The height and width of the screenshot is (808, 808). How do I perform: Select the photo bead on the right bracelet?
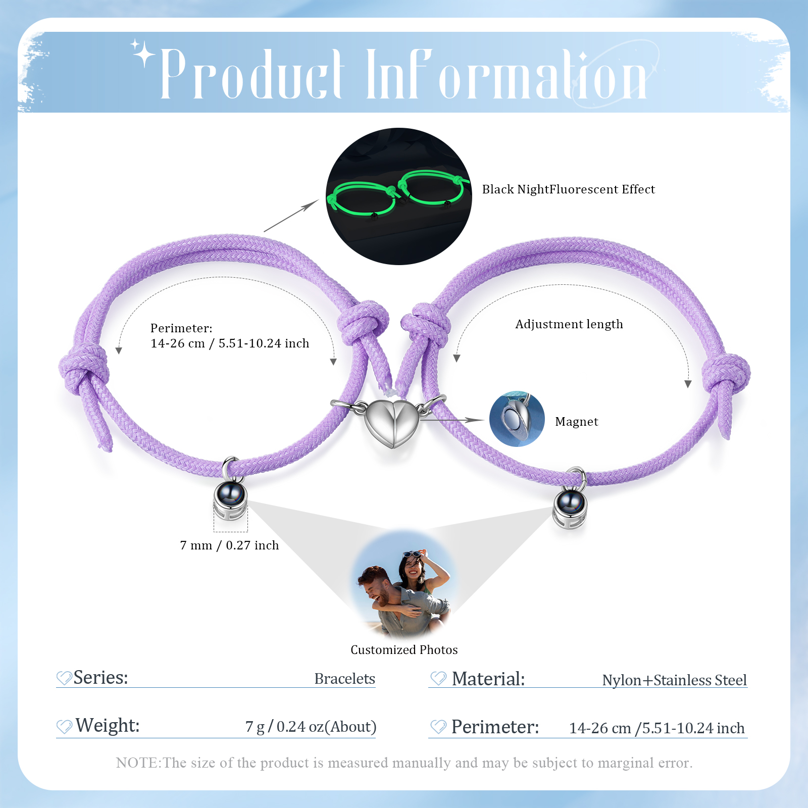(x=570, y=503)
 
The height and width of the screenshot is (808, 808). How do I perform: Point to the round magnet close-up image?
(x=517, y=419)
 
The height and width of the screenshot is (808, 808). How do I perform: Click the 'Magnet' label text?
(x=576, y=422)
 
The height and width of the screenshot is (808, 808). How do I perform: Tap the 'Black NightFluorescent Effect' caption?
(x=568, y=189)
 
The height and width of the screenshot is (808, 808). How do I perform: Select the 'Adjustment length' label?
(x=569, y=324)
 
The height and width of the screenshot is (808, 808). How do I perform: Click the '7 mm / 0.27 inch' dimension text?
(x=229, y=545)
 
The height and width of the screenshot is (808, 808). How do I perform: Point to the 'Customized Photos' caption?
(x=404, y=650)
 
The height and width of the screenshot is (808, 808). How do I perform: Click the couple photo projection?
(x=404, y=586)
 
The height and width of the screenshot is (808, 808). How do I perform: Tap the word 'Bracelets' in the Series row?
(x=344, y=679)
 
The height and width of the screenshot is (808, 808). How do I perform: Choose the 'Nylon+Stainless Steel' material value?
(x=674, y=680)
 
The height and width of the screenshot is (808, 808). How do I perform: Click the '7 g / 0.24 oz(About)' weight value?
(x=311, y=727)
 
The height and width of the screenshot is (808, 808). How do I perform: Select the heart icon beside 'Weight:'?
(x=64, y=727)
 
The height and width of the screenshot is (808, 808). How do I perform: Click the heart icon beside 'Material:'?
(x=438, y=679)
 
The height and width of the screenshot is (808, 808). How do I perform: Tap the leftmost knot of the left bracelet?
(x=83, y=369)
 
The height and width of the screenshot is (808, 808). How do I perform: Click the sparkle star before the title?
(x=143, y=53)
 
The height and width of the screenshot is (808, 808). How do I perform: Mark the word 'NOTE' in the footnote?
(x=137, y=763)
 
